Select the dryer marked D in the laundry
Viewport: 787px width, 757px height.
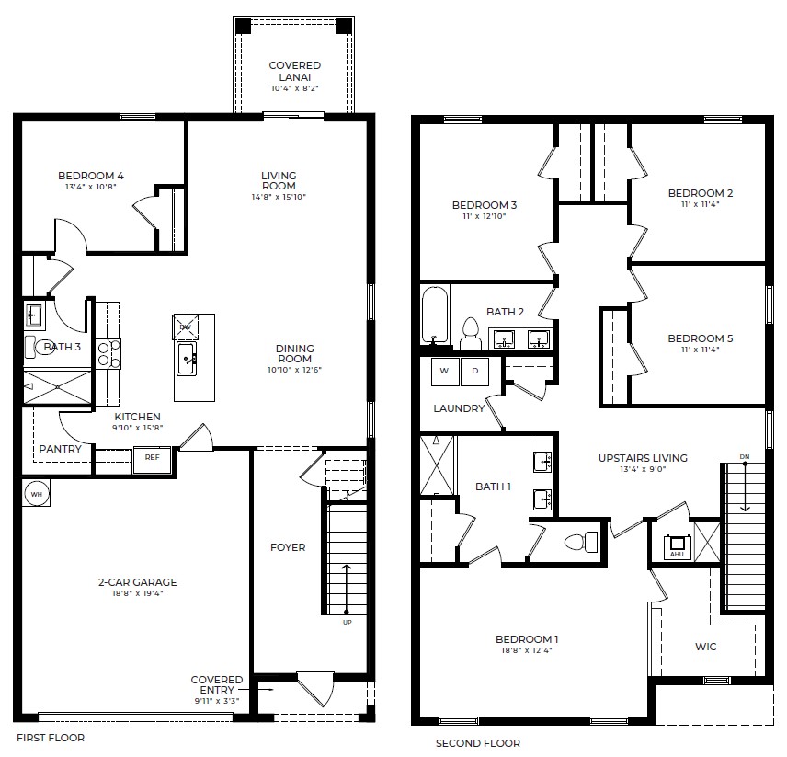(474, 371)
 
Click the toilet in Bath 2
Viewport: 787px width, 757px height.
(471, 332)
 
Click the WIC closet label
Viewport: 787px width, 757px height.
(705, 647)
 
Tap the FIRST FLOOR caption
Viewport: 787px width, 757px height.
(51, 737)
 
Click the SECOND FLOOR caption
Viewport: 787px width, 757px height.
(477, 743)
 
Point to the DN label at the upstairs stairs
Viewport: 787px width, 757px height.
(744, 457)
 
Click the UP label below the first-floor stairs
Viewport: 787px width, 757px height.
(347, 623)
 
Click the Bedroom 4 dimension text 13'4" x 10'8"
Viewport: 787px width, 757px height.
(90, 188)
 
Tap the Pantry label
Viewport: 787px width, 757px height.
(60, 449)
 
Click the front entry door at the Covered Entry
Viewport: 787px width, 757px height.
(314, 689)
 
